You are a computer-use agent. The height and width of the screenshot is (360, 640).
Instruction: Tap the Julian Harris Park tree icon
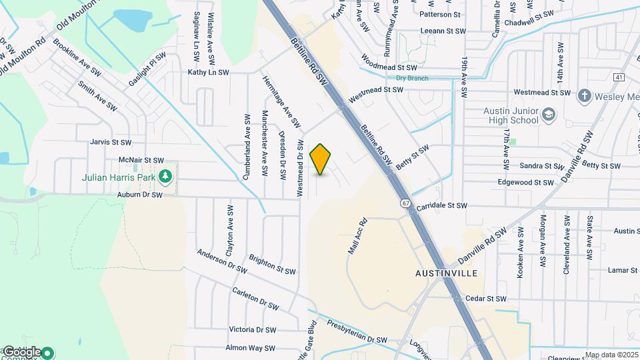click(x=166, y=177)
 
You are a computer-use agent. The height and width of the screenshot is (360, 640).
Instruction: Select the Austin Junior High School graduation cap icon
click(x=549, y=114)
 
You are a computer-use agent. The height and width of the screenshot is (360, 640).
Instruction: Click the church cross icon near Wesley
click(x=584, y=95)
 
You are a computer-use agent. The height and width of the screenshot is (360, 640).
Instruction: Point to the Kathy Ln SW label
click(x=208, y=72)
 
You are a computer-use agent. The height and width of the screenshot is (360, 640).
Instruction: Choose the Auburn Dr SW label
click(x=140, y=195)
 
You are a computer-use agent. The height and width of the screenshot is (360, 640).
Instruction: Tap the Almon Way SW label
click(x=251, y=348)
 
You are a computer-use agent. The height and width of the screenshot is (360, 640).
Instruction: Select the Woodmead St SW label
click(x=389, y=67)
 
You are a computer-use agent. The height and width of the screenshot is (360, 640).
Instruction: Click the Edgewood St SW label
click(x=526, y=182)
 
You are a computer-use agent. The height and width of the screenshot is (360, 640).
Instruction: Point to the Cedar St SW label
click(x=486, y=299)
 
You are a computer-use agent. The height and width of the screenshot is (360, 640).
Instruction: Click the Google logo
click(x=22, y=352)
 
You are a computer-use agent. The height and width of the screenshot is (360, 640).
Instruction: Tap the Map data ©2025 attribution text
click(x=612, y=355)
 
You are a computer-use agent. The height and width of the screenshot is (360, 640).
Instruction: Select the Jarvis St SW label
click(x=111, y=142)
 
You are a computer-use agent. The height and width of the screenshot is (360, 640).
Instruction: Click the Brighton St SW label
click(x=272, y=265)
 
